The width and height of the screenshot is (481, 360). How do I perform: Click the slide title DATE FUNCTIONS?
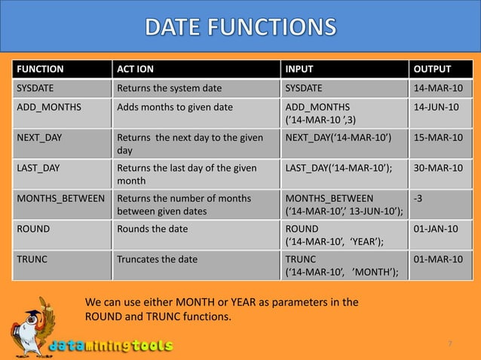pos(240,29)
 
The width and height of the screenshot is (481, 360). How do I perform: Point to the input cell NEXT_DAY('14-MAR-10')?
pos(338,139)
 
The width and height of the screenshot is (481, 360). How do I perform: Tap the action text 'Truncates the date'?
pos(157,259)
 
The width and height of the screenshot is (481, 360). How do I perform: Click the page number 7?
pos(450,344)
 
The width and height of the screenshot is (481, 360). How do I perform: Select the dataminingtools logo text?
pos(112,346)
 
